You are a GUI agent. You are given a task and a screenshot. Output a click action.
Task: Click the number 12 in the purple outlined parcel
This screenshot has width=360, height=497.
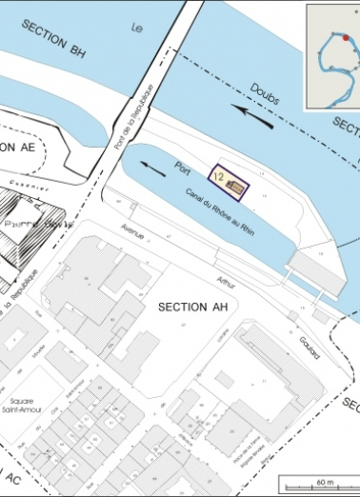[x=218, y=177]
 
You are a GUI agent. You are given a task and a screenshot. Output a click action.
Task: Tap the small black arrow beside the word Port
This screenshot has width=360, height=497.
[x=150, y=168]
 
